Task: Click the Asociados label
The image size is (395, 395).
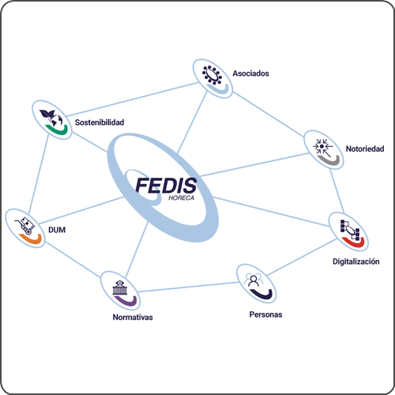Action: point(250,73)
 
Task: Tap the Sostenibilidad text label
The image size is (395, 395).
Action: point(100,122)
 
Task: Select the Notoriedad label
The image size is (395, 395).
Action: point(365,149)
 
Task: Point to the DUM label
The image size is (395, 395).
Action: point(57,230)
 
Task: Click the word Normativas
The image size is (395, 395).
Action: point(133,317)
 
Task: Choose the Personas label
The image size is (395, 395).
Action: point(265,314)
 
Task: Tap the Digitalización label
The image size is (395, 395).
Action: point(356,261)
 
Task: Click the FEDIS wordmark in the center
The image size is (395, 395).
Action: point(166,186)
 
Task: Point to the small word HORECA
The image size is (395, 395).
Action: point(181,197)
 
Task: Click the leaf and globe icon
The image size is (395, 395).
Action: point(51,118)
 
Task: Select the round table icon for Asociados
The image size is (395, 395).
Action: point(212,75)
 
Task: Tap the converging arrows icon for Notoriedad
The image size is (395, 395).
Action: point(322,147)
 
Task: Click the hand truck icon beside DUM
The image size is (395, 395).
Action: point(25,226)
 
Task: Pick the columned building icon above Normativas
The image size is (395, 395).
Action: point(120,288)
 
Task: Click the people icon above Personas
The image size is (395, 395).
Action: point(254,280)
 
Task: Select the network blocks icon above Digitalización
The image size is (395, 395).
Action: point(350,230)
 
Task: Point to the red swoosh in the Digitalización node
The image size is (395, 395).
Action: point(355,243)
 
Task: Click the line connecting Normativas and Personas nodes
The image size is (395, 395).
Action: point(188,287)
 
